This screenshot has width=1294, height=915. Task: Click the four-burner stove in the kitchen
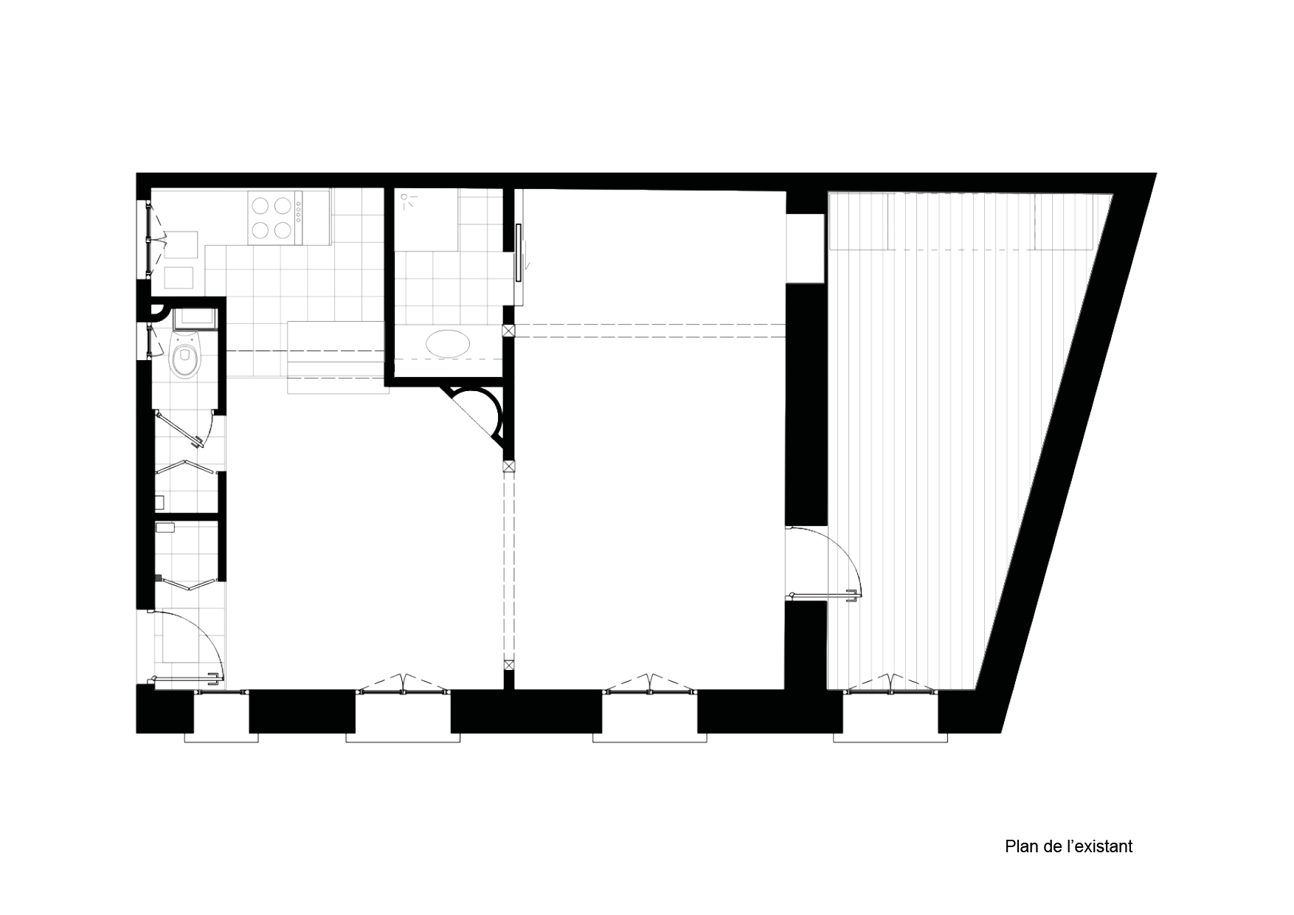coord(274,218)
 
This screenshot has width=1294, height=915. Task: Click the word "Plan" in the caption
coord(1020,846)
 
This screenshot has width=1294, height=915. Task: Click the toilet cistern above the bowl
coord(194,320)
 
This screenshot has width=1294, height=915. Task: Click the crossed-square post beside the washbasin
coord(508,331)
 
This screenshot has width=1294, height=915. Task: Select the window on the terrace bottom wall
coord(890,689)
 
